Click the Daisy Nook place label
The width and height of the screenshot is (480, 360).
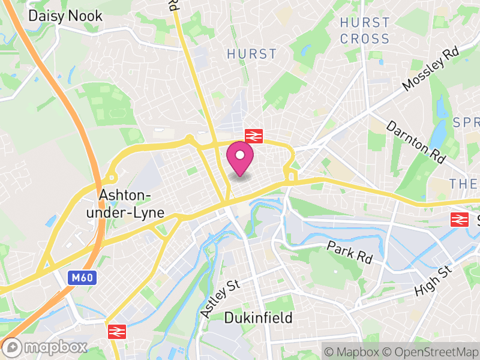(x=65, y=16)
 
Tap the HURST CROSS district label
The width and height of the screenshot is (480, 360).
(x=364, y=31)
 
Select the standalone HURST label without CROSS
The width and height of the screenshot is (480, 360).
(x=252, y=54)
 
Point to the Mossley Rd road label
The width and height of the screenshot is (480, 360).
(x=430, y=70)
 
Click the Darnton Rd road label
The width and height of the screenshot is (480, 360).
(x=416, y=142)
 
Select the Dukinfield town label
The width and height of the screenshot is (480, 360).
(x=258, y=317)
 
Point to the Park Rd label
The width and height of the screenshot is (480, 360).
(x=350, y=253)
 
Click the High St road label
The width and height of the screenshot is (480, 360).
(x=433, y=282)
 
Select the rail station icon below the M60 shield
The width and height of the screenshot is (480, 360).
(x=115, y=331)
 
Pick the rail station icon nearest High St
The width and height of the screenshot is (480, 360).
(x=460, y=220)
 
